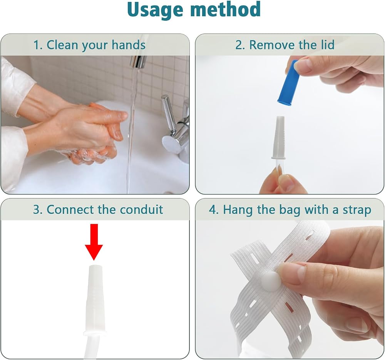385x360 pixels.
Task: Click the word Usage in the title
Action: (155, 10)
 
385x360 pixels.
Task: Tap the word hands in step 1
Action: (129, 45)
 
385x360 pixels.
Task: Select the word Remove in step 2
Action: (272, 45)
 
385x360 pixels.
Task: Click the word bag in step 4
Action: (290, 210)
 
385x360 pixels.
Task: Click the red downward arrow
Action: (94, 242)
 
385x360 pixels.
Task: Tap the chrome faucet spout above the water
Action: (138, 62)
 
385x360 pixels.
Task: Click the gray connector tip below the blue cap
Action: (278, 138)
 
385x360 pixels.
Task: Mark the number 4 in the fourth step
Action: (213, 210)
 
